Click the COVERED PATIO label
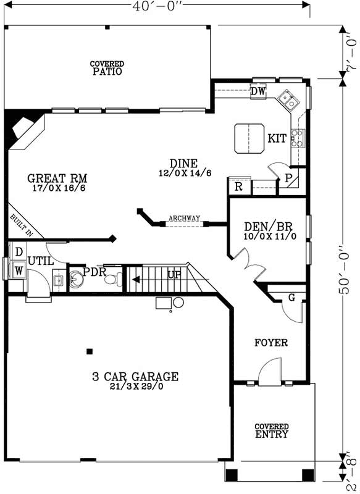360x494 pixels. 107,67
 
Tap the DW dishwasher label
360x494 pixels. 258,91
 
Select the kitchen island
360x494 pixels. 248,138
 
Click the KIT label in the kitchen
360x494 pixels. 277,138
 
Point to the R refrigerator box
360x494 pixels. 238,186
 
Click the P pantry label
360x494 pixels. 288,177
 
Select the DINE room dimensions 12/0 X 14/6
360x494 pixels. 185,173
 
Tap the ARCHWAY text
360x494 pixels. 184,218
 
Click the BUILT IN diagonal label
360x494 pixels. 20,225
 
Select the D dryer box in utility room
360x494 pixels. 19,253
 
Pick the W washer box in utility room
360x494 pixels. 19,270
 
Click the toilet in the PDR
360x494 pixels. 111,279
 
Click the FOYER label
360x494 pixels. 271,343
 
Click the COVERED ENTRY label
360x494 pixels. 271,430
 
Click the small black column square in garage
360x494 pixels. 90,351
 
